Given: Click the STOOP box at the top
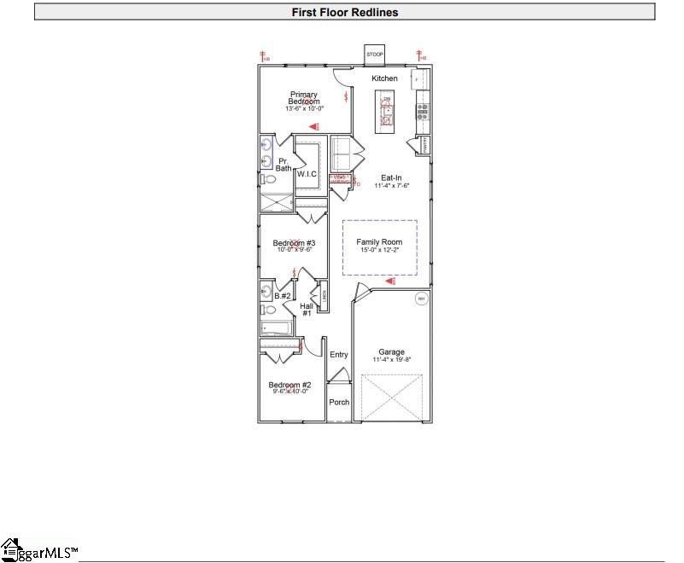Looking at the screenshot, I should pos(374,55).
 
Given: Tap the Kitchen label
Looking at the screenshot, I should pos(384,78).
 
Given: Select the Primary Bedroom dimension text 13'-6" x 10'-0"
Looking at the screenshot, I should pos(305,108).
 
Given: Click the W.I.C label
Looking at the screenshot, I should pos(307,174).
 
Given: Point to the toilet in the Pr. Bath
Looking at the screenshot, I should pos(266,179).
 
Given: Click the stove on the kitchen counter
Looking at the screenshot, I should pos(422,110).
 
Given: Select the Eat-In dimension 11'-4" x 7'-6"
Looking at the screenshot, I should pos(392,186).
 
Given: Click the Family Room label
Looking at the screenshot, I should pos(379,242).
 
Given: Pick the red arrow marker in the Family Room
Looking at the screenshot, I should pos(390,280).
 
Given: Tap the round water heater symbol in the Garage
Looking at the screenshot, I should pos(421,299).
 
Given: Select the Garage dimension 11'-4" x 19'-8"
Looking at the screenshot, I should pos(392,360).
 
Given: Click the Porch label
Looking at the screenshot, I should pos(339,402).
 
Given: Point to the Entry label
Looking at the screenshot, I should pos(339,355).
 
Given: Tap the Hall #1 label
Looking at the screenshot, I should pos(306,309).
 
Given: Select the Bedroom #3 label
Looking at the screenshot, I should pos(294,243).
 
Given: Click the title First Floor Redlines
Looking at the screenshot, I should pos(345,12).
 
